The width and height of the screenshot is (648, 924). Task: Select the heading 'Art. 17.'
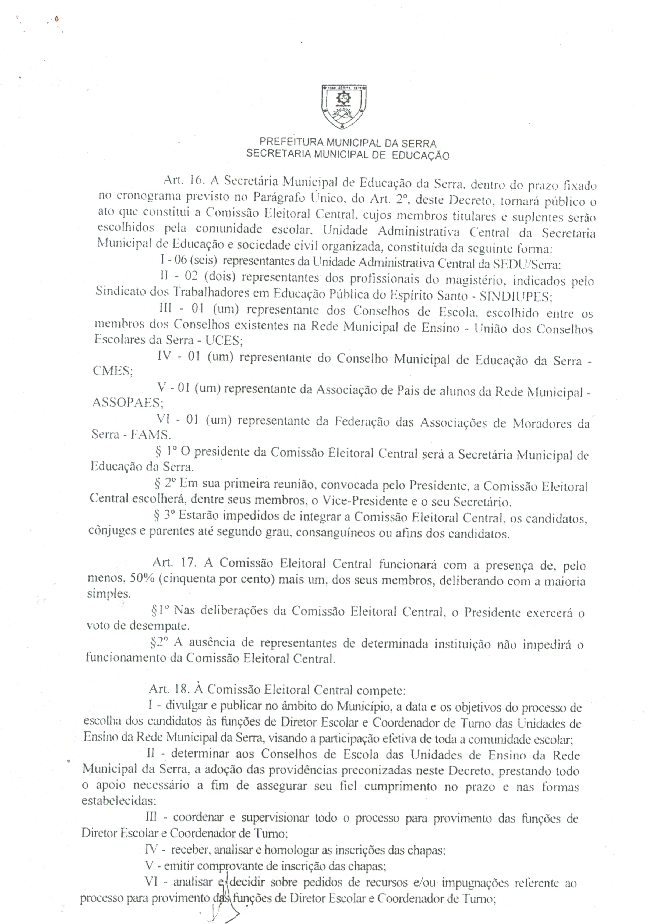(x=174, y=562)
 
